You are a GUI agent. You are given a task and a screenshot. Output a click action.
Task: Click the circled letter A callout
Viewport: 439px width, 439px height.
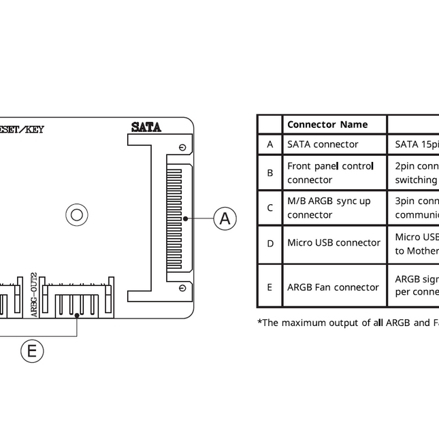click(x=225, y=218)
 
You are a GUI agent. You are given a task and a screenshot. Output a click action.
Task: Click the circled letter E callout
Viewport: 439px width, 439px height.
click(x=31, y=351)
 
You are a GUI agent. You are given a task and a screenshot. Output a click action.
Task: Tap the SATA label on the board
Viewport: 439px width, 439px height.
click(x=146, y=127)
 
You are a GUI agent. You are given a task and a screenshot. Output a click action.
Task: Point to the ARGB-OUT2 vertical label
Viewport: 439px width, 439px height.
click(x=35, y=295)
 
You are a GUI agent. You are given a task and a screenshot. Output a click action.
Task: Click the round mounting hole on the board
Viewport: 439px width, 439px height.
click(x=76, y=215)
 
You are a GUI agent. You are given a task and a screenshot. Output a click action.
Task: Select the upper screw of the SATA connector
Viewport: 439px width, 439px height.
click(x=182, y=148)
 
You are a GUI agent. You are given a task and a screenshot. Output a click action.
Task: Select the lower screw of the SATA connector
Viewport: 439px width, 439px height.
click(x=182, y=288)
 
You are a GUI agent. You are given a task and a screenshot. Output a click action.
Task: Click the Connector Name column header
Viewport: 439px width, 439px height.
click(x=327, y=125)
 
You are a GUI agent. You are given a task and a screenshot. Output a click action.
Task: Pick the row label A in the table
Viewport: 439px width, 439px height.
click(x=270, y=144)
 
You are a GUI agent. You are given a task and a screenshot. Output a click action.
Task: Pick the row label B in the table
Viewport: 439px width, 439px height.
click(x=270, y=173)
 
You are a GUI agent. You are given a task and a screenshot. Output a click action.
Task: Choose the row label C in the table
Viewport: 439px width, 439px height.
click(x=270, y=208)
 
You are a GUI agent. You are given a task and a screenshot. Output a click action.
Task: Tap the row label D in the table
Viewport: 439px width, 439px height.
click(x=270, y=243)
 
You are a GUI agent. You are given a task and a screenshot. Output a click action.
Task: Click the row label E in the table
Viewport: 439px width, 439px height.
click(x=270, y=287)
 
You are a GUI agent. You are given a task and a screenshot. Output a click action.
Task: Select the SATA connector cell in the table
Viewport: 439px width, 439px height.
click(x=323, y=144)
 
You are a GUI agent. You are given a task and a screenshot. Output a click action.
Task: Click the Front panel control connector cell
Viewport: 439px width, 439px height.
click(x=330, y=173)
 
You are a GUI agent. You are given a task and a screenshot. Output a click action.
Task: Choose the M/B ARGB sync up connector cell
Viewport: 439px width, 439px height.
click(x=329, y=208)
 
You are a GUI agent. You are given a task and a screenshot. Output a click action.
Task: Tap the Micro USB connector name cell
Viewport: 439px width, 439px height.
click(x=334, y=243)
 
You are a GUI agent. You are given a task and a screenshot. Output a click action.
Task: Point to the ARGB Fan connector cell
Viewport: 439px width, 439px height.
click(x=333, y=287)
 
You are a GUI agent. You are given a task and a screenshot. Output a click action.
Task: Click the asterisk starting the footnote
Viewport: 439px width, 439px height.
click(x=259, y=321)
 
